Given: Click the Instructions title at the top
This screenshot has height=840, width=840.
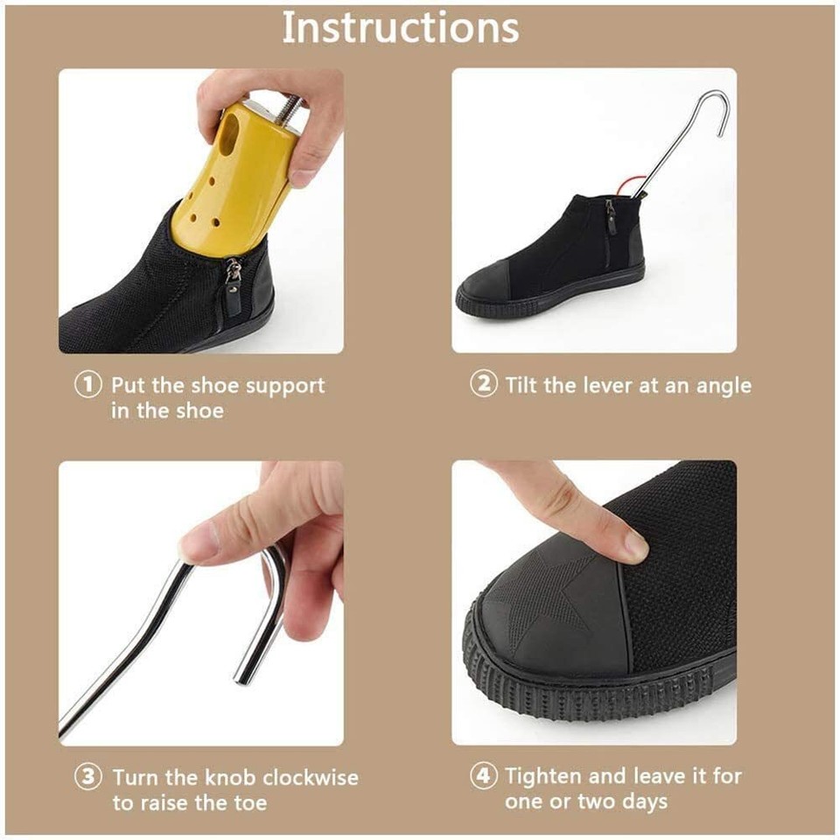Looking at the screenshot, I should [400, 28].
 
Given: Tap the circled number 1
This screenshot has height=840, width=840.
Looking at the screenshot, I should [88, 386].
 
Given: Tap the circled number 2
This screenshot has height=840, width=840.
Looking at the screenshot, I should [483, 384].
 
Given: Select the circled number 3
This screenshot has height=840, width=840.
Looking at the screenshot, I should [88, 777].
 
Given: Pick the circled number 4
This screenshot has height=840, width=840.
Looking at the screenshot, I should [483, 775].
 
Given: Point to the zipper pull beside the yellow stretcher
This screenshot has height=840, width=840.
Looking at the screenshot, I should [234, 284].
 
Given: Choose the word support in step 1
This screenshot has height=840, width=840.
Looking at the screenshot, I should [284, 387].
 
